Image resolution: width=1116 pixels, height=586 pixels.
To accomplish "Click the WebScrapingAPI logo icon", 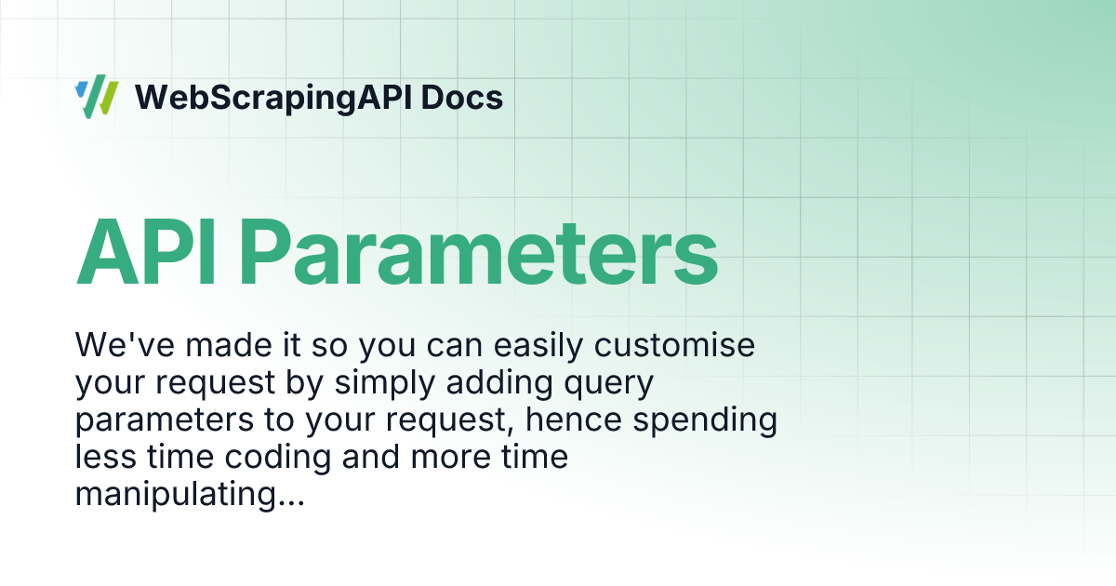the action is [97, 97].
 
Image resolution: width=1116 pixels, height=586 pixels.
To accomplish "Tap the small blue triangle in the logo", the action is [81, 89].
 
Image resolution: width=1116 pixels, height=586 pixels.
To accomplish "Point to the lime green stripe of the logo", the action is [108, 99].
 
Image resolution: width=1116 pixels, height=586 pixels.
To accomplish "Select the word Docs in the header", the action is [462, 97].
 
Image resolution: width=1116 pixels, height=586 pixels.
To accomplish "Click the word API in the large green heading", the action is [145, 253].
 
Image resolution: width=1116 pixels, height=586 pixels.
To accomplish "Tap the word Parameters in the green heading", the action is [479, 253].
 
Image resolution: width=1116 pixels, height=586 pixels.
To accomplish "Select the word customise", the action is [674, 345].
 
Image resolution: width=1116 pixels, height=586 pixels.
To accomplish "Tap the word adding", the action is [499, 382].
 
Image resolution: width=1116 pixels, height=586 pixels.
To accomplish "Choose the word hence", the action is [574, 420].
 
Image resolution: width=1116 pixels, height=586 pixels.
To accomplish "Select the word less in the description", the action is [105, 457].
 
